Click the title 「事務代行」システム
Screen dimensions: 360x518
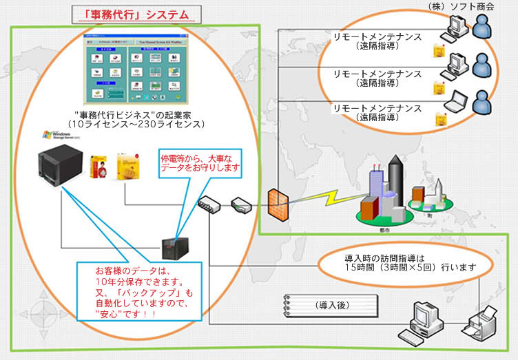pos(132,14)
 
